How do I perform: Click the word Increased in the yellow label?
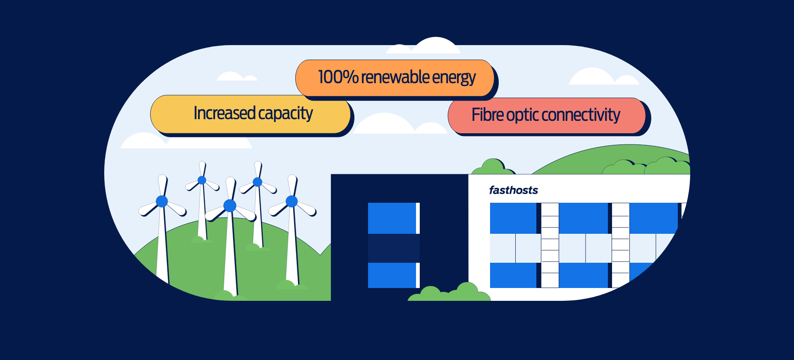click(x=225, y=113)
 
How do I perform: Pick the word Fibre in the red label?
click(x=488, y=115)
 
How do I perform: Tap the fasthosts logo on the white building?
click(x=514, y=190)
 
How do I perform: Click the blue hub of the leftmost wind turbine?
click(x=162, y=202)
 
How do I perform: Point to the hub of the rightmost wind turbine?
click(x=292, y=201)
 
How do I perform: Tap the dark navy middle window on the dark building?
click(x=393, y=248)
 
